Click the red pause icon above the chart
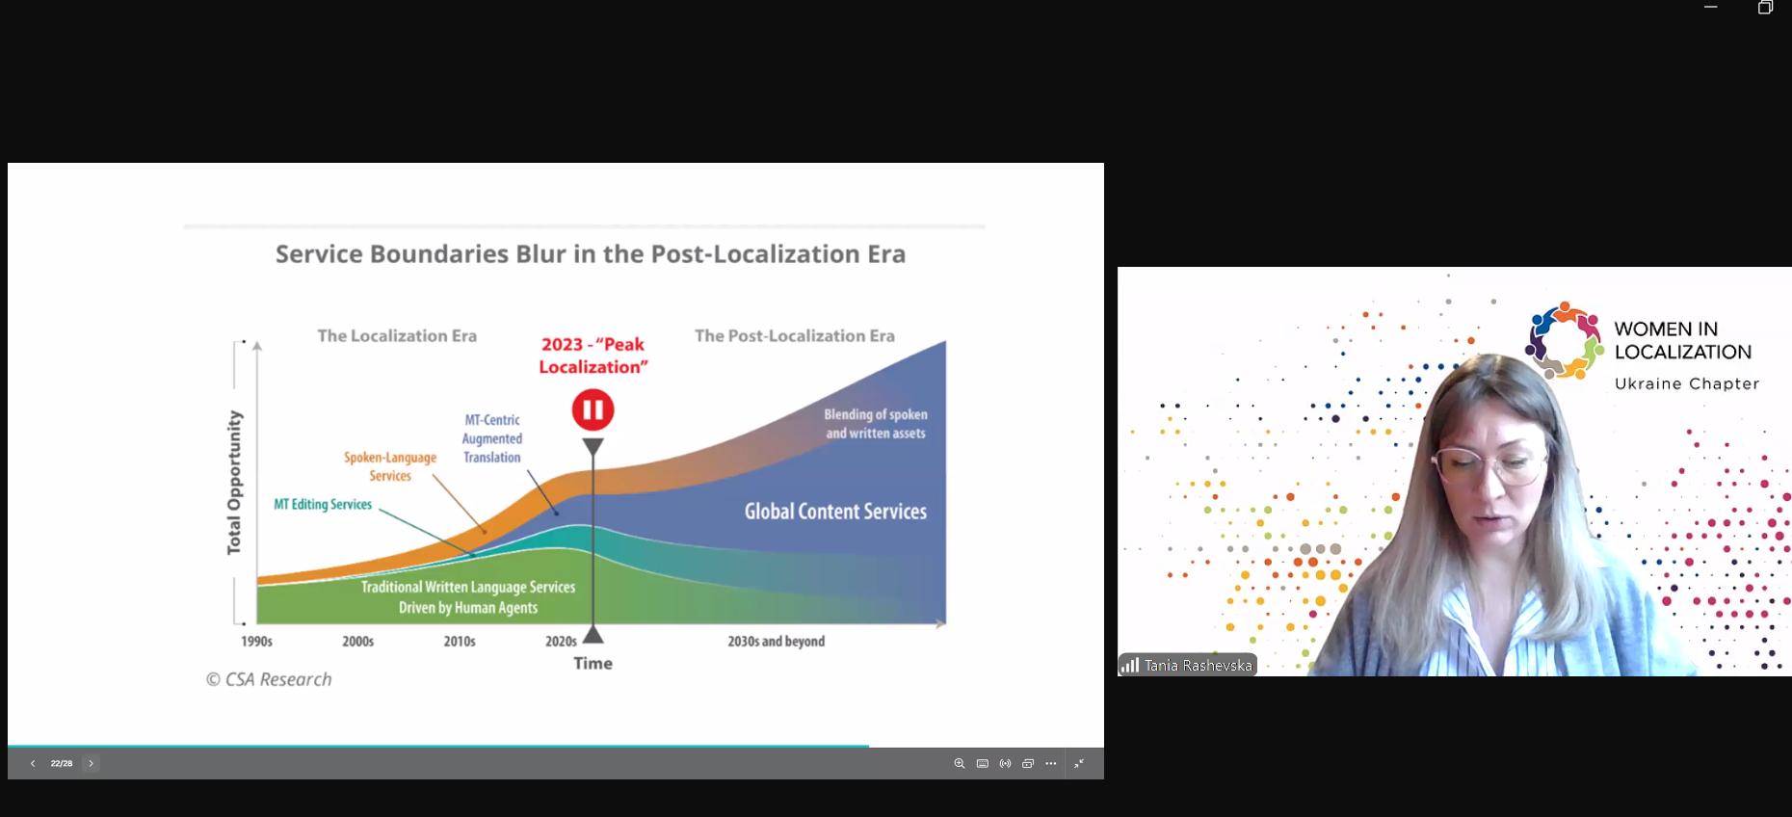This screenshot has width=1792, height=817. tap(593, 410)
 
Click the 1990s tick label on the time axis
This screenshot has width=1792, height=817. tap(256, 642)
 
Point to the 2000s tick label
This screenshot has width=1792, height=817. tap(357, 642)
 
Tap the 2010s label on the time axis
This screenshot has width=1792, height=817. tap(460, 642)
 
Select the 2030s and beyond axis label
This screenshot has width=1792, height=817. tap(777, 642)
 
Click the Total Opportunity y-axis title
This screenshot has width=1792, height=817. tap(234, 483)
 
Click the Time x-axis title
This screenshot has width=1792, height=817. tap(593, 663)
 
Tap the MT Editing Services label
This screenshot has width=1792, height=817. tap(323, 504)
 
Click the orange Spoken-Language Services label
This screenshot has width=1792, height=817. tap(390, 466)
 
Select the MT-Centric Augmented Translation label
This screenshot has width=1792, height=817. tap(492, 438)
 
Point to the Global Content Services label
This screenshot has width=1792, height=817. tap(835, 512)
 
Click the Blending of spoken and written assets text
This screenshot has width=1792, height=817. tap(876, 424)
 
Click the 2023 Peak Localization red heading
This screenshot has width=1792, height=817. tap(593, 356)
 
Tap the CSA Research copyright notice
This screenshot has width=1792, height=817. tap(269, 679)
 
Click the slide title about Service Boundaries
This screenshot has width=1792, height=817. tap(591, 254)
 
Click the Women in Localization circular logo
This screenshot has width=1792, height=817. tap(1564, 340)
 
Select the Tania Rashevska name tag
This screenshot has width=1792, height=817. tap(1188, 665)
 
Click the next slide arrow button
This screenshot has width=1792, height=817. tap(92, 763)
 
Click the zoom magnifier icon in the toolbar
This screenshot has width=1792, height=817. tap(960, 763)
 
